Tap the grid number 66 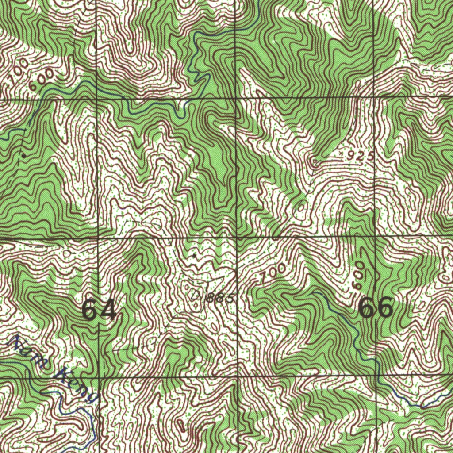point(376,307)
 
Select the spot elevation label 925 point(361,156)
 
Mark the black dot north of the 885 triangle point(195,256)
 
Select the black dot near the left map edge point(23,156)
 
